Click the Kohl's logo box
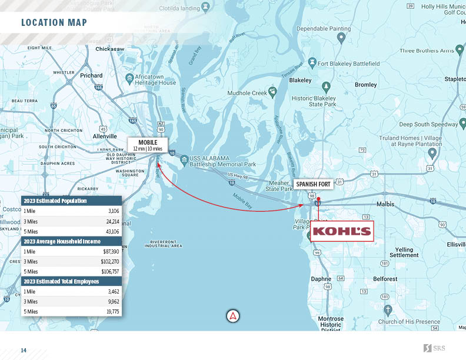(342, 231)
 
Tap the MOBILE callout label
(148, 145)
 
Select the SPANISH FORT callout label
(314, 184)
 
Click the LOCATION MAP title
(54, 23)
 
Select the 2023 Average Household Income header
(62, 241)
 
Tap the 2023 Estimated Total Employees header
(61, 281)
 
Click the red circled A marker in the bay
(234, 316)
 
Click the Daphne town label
(321, 279)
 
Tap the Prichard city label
(91, 75)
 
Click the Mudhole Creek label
(248, 93)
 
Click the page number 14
(24, 351)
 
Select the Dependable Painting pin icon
(341, 38)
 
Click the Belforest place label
(385, 279)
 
